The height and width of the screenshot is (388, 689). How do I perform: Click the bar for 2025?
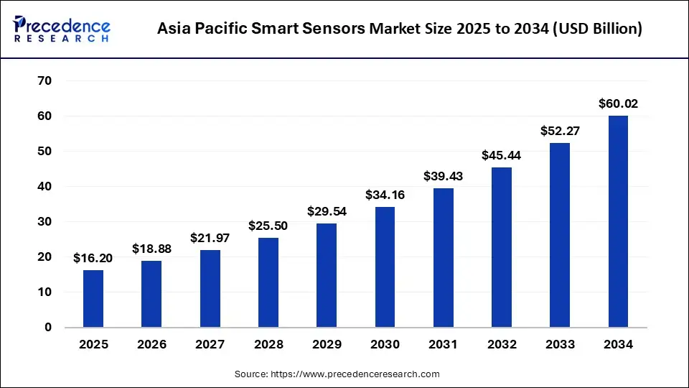93,298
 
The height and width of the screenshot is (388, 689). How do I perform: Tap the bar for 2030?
385,267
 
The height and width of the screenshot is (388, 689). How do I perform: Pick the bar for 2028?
268,282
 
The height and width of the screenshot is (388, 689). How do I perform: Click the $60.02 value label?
618,104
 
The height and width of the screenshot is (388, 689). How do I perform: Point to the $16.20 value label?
93,258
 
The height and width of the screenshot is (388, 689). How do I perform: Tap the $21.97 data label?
210,238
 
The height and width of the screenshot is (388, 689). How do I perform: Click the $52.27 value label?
560,131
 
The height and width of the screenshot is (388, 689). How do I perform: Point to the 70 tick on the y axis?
44,81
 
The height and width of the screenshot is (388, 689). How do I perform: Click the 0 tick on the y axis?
48,328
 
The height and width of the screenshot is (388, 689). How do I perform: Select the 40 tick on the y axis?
44,187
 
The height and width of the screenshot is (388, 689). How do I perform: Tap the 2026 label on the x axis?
151,345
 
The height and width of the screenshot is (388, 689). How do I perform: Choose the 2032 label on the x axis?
502,345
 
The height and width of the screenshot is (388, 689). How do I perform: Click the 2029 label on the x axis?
327,345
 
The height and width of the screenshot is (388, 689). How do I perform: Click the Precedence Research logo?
62,28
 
